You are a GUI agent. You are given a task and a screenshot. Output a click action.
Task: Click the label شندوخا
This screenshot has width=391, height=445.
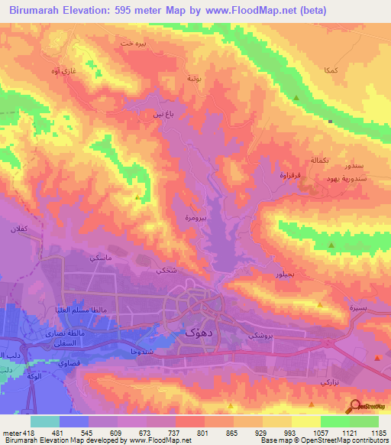click(x=124, y=352)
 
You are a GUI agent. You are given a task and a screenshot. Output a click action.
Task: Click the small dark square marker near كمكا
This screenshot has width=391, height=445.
click(x=330, y=121)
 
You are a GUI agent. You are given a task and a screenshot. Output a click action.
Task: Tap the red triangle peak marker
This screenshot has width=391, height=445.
click(x=377, y=357)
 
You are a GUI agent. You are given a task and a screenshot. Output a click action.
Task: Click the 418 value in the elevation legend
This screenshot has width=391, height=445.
click(x=15, y=432)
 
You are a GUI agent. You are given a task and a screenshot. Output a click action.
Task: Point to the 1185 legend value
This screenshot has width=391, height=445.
click(x=378, y=432)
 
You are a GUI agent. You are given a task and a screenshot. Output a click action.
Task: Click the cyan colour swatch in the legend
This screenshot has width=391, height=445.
click(x=45, y=421)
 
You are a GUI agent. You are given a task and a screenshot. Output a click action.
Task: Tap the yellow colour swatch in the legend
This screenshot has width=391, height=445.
click(x=306, y=421)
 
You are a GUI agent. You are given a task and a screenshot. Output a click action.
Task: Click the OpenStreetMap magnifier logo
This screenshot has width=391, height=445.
click(x=354, y=408)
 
